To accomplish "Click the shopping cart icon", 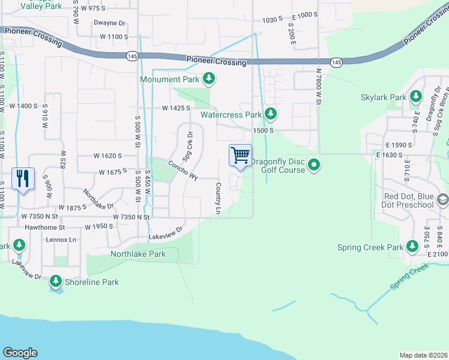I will [x=241, y=155].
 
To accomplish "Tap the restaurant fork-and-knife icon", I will [x=23, y=178].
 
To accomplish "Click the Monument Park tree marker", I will [x=209, y=79].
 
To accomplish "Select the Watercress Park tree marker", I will [x=271, y=113].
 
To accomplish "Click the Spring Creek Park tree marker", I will [x=412, y=247].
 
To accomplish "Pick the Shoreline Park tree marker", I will [x=56, y=281].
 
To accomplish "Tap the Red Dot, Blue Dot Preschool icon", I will [x=442, y=199].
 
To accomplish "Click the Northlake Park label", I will [x=138, y=254].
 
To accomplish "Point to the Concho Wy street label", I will [x=182, y=170].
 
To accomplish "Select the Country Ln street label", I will [x=218, y=199].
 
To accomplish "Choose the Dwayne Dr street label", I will [x=109, y=23].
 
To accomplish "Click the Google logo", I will [x=20, y=353].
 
